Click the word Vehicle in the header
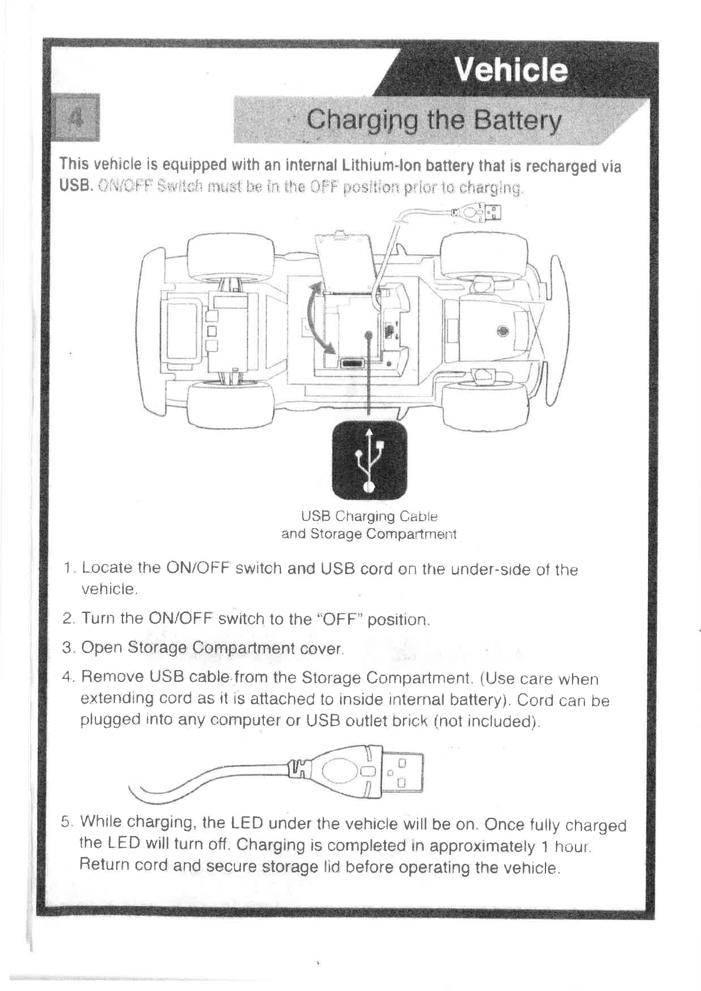pos(512,71)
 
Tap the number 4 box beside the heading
pos(75,115)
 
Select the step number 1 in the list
pos(69,569)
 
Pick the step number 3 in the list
pos(67,648)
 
